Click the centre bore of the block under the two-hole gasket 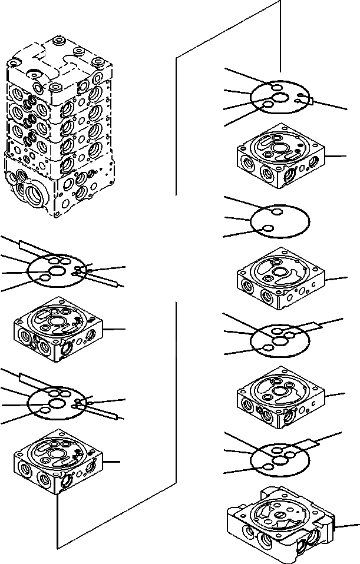point(269,276)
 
